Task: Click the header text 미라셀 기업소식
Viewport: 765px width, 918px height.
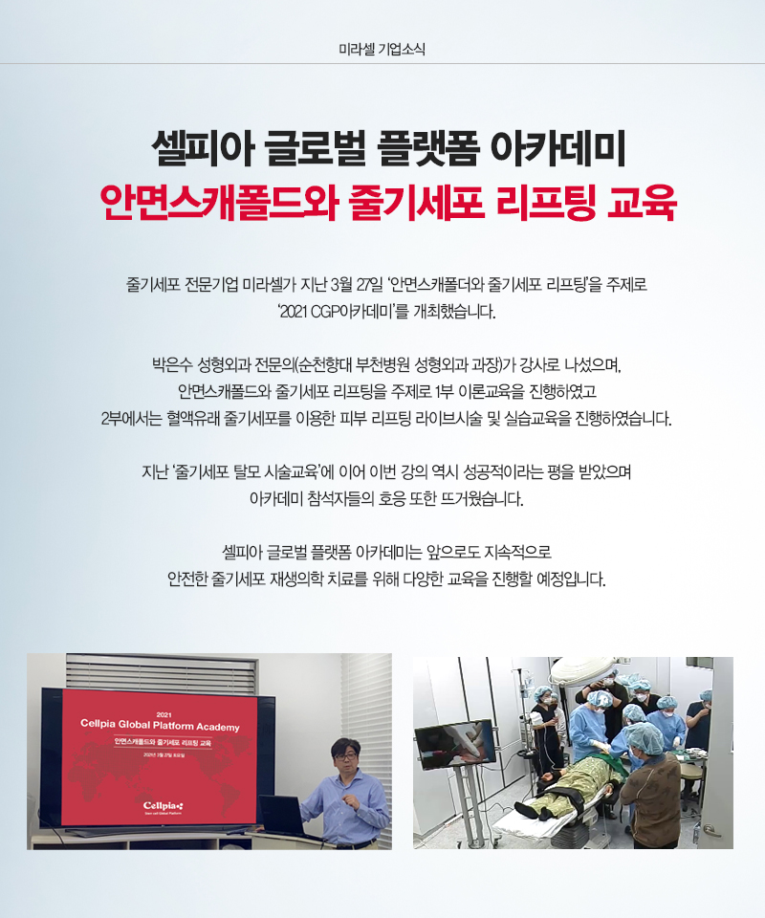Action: coord(382,47)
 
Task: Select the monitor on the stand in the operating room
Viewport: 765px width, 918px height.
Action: coord(454,745)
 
